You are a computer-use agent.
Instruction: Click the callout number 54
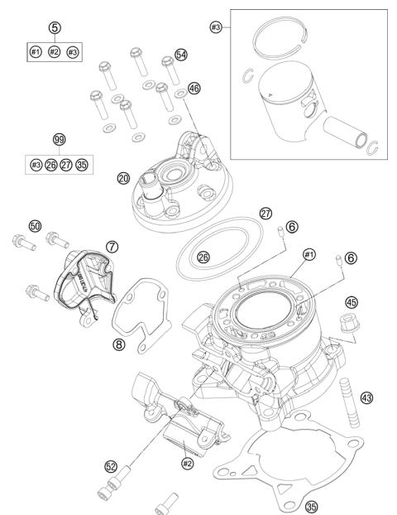pos(181,54)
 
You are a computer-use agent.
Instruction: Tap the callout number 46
pos(194,87)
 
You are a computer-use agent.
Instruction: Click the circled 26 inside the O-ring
pos(203,257)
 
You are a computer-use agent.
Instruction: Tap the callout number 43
pos(367,398)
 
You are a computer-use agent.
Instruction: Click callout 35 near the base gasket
pos(311,504)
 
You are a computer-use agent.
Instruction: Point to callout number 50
pos(35,225)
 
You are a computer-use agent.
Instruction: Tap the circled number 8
pos(120,344)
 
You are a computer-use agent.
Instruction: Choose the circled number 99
pos(60,141)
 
